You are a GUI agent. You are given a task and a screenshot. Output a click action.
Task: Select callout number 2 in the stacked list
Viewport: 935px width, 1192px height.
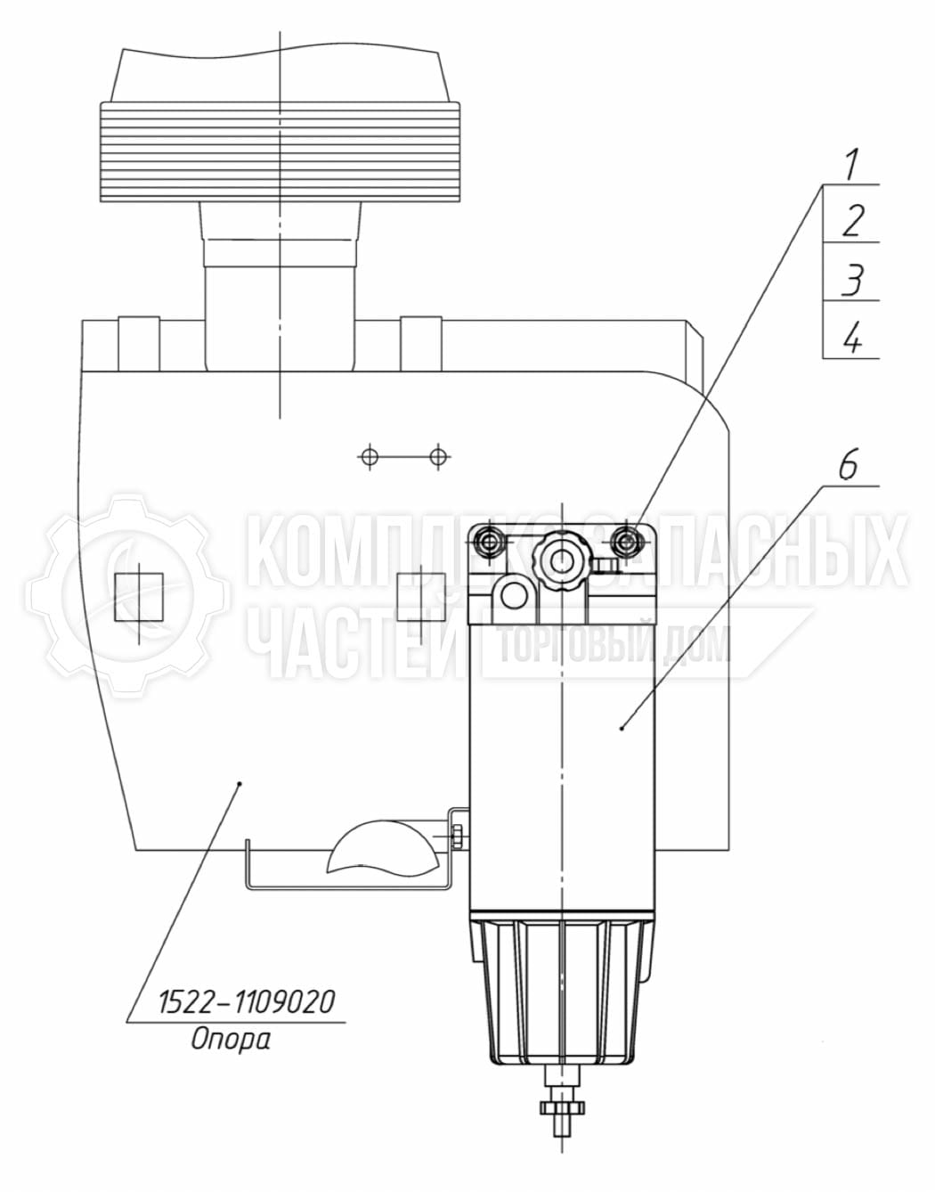(x=853, y=221)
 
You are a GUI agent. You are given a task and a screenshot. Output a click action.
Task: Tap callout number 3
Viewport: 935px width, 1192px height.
(x=853, y=280)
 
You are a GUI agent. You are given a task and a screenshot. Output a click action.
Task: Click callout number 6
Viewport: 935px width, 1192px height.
(x=848, y=465)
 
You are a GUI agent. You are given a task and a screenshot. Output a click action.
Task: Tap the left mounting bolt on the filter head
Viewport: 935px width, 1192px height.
(x=487, y=542)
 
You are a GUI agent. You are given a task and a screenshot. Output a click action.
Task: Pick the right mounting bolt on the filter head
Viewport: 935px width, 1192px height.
(x=625, y=542)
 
